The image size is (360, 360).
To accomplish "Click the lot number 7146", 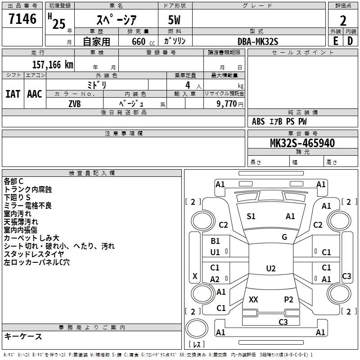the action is pyautogui.click(x=22, y=19).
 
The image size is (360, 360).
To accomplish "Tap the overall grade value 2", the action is pyautogui.click(x=343, y=20).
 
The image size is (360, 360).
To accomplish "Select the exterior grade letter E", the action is pyautogui.click(x=335, y=41).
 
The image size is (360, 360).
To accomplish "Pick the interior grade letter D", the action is pyautogui.click(x=350, y=41).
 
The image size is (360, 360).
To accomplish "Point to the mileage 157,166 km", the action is pyautogui.click(x=53, y=65).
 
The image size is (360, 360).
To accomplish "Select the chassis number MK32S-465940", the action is pyautogui.click(x=302, y=143).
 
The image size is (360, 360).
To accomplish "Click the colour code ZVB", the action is pyautogui.click(x=74, y=103).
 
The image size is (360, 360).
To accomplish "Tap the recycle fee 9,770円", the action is pyautogui.click(x=230, y=103).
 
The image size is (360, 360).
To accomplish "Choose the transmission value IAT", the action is pyautogui.click(x=13, y=94).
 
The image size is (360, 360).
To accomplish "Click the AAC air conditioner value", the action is pyautogui.click(x=35, y=94).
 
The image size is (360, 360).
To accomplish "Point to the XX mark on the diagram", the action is pyautogui.click(x=253, y=299).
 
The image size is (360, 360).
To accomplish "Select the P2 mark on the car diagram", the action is pyautogui.click(x=288, y=299).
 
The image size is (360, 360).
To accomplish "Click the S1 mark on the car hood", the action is pyautogui.click(x=251, y=216).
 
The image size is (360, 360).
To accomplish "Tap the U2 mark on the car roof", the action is pyautogui.click(x=270, y=269).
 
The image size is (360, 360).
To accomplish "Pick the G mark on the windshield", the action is pyautogui.click(x=284, y=237).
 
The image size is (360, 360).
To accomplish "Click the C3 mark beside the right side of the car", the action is pyautogui.click(x=346, y=276).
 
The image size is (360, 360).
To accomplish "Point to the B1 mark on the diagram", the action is pyautogui.click(x=215, y=241).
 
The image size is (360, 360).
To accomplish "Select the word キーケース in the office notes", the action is pyautogui.click(x=23, y=336).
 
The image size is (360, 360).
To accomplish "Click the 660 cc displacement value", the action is pyautogui.click(x=139, y=41).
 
